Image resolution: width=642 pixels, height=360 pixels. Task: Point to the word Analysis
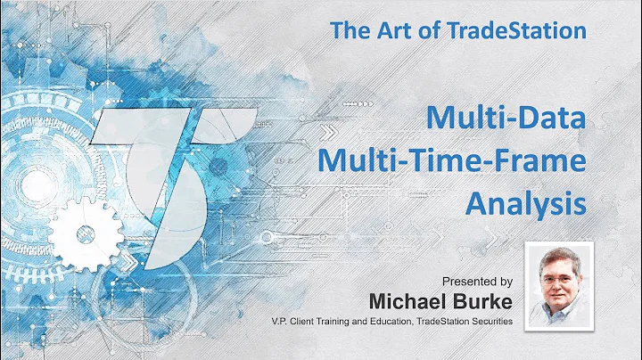[x=527, y=203]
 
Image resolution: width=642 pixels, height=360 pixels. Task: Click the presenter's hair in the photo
[x=559, y=253]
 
